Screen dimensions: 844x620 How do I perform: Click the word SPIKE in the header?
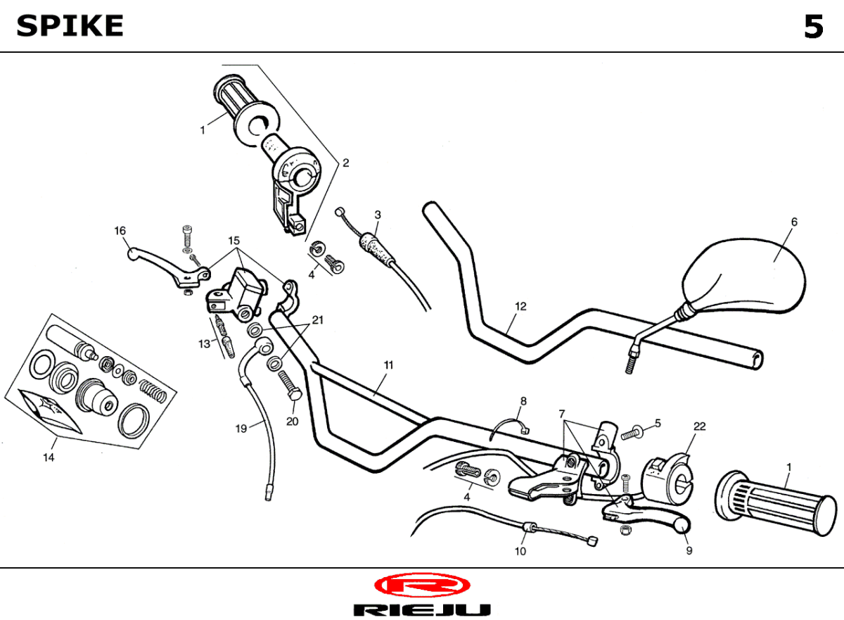(x=70, y=26)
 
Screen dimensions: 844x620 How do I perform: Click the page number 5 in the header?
(x=814, y=27)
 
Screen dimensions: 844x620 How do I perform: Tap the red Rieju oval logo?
(x=422, y=586)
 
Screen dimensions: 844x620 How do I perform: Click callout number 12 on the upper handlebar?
(x=520, y=306)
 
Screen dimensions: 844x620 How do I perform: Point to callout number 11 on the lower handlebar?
(x=388, y=365)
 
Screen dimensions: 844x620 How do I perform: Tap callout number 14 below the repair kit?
(x=49, y=457)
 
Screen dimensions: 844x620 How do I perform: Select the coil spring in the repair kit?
(x=153, y=391)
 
